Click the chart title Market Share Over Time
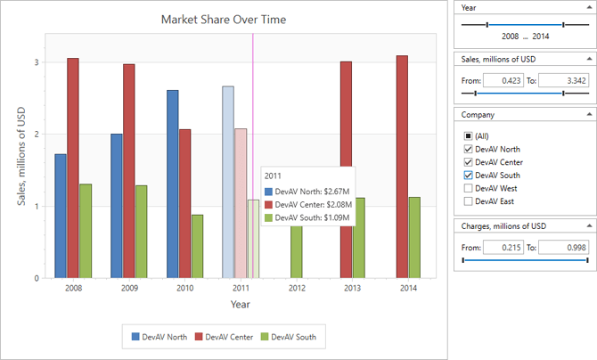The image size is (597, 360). [224, 20]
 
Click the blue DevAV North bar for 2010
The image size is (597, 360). [172, 184]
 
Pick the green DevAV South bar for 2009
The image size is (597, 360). [142, 231]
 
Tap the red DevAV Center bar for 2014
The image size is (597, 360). [402, 166]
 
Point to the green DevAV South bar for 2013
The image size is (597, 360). [359, 237]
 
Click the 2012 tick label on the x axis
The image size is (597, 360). [296, 288]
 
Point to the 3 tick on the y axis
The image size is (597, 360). [37, 62]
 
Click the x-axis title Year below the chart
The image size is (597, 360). [240, 305]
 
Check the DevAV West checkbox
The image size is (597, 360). [467, 189]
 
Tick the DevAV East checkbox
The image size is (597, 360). [467, 202]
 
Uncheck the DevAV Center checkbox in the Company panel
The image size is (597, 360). [467, 162]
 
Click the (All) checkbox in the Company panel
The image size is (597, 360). [467, 135]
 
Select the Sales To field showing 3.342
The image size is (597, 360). [564, 80]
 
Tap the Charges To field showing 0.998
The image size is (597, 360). [564, 247]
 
